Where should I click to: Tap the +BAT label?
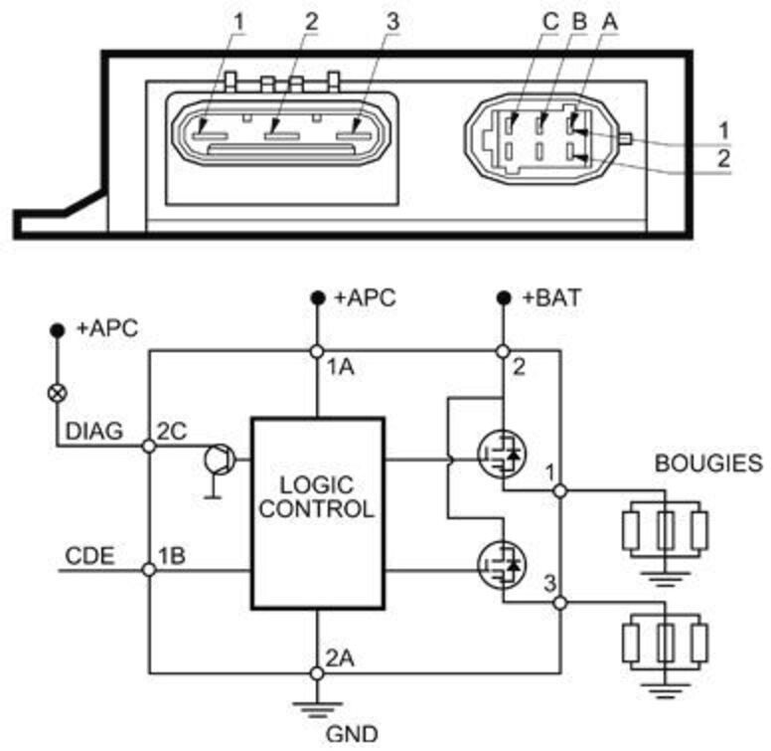click(x=551, y=297)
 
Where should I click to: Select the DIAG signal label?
click(x=94, y=431)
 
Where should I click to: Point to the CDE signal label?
click(x=89, y=556)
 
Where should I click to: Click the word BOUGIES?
click(x=708, y=464)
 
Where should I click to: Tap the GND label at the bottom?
click(x=352, y=734)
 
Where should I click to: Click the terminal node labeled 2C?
click(x=148, y=447)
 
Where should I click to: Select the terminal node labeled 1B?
click(x=148, y=570)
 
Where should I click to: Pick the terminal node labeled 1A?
click(x=317, y=351)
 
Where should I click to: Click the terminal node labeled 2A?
click(x=317, y=673)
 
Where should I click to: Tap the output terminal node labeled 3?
click(x=560, y=603)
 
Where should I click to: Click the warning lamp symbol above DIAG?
click(x=58, y=393)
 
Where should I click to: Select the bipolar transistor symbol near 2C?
click(x=220, y=461)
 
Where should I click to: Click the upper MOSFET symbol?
click(x=502, y=454)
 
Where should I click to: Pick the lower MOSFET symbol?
click(x=502, y=564)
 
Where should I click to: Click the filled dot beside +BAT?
click(x=503, y=297)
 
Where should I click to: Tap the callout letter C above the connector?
click(x=550, y=22)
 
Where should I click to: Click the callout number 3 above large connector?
click(x=392, y=22)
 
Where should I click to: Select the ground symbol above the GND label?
click(x=317, y=707)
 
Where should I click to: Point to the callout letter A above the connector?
click(x=610, y=22)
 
